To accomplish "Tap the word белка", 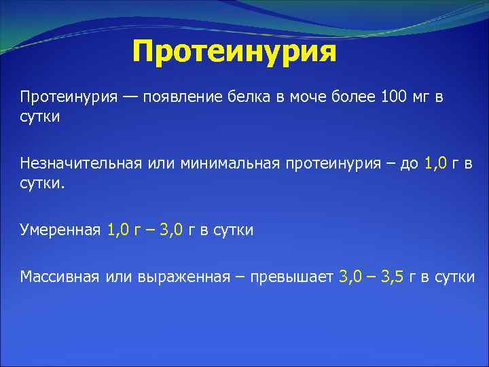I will tap(246, 97).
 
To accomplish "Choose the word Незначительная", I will tap(80, 163).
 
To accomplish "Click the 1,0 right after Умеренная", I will tap(120, 230).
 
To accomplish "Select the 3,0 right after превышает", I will tap(351, 277).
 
